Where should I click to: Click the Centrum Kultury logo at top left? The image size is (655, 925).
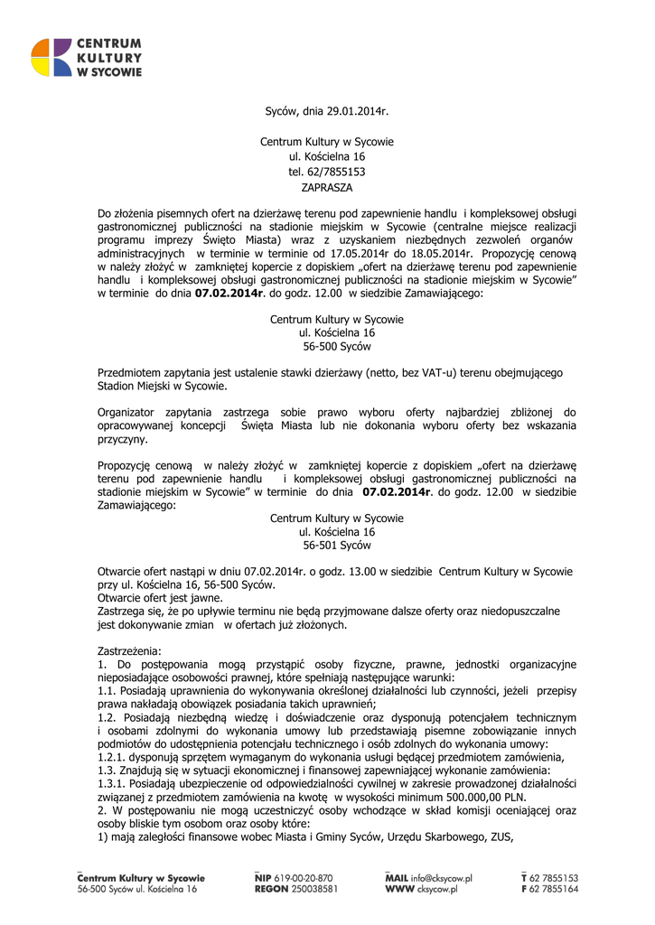pyautogui.click(x=86, y=58)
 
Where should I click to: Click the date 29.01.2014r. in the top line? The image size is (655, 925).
pyautogui.click(x=360, y=113)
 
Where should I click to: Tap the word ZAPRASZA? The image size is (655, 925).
pyautogui.click(x=327, y=186)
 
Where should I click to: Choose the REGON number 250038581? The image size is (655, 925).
pyautogui.click(x=309, y=889)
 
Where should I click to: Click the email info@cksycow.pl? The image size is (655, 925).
pyautogui.click(x=444, y=877)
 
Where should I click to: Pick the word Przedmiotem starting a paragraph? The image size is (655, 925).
pyautogui.click(x=133, y=372)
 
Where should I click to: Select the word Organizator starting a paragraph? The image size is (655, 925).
pyautogui.click(x=127, y=412)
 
